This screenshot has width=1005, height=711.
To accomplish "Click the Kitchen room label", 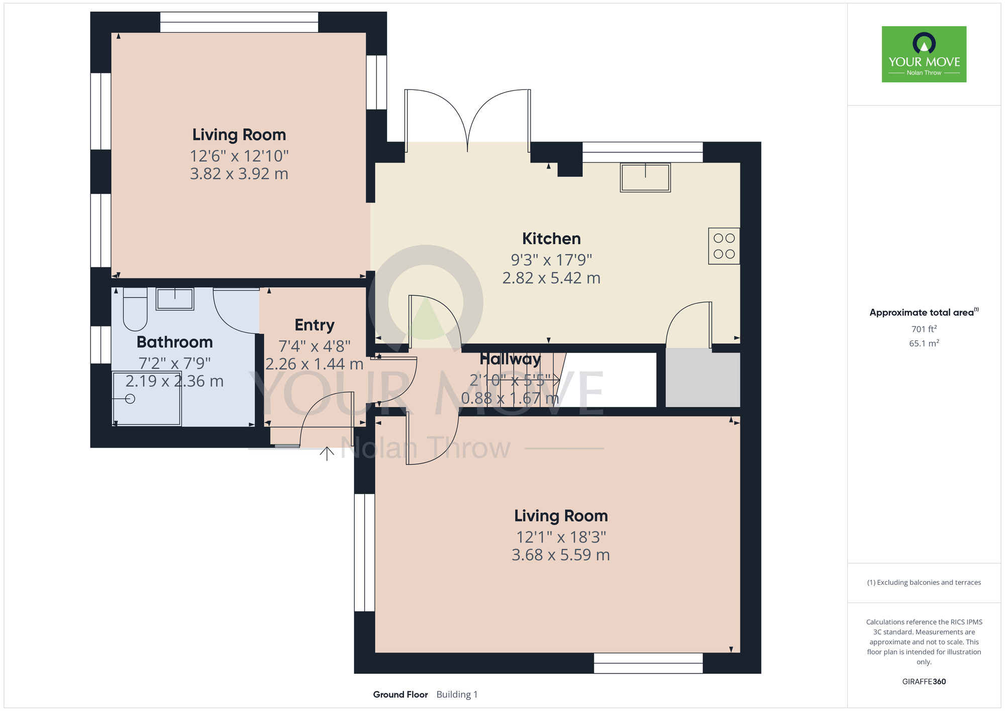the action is tap(551, 238).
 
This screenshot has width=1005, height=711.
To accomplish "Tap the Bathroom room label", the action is tap(175, 342).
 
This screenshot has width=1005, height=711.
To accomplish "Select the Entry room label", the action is tap(315, 325).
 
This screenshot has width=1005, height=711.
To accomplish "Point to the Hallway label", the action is tap(510, 359).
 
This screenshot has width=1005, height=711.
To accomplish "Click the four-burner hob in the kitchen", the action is tap(724, 246).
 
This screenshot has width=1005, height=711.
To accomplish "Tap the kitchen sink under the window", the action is tap(645, 177).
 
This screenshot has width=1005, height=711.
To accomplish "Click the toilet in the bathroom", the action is tap(135, 309).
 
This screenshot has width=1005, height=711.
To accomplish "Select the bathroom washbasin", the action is tap(175, 299).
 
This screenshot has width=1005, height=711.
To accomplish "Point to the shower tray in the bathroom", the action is tap(147, 399).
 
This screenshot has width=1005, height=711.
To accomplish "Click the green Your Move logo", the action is tap(924, 54).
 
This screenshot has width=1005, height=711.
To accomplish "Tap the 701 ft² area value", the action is tap(924, 329).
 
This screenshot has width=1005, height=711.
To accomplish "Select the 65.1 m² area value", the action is tap(924, 343).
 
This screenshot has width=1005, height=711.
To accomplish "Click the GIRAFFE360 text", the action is tap(924, 682).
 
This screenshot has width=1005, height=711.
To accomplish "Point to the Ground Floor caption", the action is tap(400, 694).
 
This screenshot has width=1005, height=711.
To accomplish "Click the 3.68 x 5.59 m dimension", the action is tap(561, 555).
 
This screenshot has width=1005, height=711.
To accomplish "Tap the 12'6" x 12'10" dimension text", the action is tap(239, 156).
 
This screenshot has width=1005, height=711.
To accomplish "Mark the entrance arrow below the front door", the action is tap(327, 454).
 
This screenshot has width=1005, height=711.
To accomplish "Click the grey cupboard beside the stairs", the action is tap(703, 380).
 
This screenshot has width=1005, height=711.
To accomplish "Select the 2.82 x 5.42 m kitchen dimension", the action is tap(551, 278).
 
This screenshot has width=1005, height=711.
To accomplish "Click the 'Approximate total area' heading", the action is tap(924, 312).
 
